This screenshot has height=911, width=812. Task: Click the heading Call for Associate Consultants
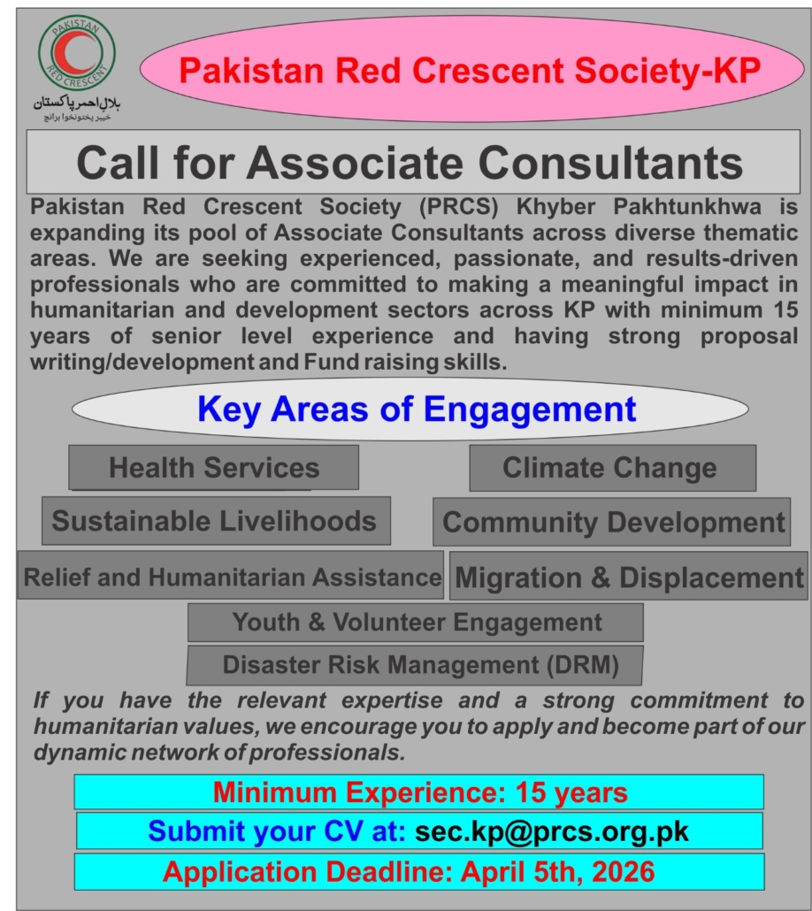click(409, 163)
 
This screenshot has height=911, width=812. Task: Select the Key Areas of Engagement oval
click(416, 410)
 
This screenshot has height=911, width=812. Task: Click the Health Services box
click(214, 468)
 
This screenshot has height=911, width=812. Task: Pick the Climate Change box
click(611, 468)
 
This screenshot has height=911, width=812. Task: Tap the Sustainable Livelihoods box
click(215, 521)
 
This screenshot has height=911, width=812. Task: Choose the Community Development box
click(611, 522)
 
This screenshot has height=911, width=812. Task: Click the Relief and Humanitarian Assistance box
click(232, 577)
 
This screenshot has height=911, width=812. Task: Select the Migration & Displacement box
click(629, 578)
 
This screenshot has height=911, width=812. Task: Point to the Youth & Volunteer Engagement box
click(417, 623)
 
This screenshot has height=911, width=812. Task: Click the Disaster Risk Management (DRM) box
click(417, 663)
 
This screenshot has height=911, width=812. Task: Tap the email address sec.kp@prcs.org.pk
click(551, 831)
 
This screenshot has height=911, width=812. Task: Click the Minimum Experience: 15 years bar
click(419, 792)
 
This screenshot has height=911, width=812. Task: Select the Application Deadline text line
click(409, 872)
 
